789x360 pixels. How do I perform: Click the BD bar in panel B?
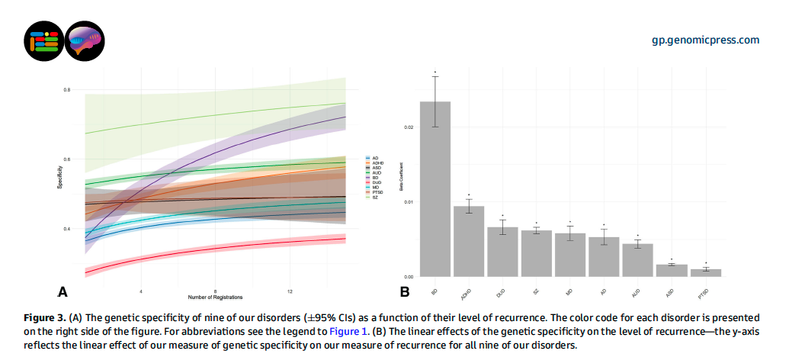tap(435, 189)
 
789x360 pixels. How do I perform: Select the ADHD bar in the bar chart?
tap(469, 241)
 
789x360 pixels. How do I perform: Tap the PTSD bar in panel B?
tap(705, 272)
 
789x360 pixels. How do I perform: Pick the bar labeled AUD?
tap(637, 260)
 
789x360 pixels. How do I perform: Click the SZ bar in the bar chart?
tap(536, 253)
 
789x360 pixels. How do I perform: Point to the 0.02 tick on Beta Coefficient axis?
tap(409, 127)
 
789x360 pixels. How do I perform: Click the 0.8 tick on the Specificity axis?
tap(67, 90)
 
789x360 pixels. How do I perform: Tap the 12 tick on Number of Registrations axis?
tap(290, 291)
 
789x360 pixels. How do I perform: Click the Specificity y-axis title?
tap(59, 188)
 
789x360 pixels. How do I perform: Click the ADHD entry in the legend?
tap(376, 162)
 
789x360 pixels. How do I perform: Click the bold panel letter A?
tap(64, 291)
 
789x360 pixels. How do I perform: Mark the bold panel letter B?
tap(405, 291)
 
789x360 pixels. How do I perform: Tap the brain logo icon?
tap(85, 40)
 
